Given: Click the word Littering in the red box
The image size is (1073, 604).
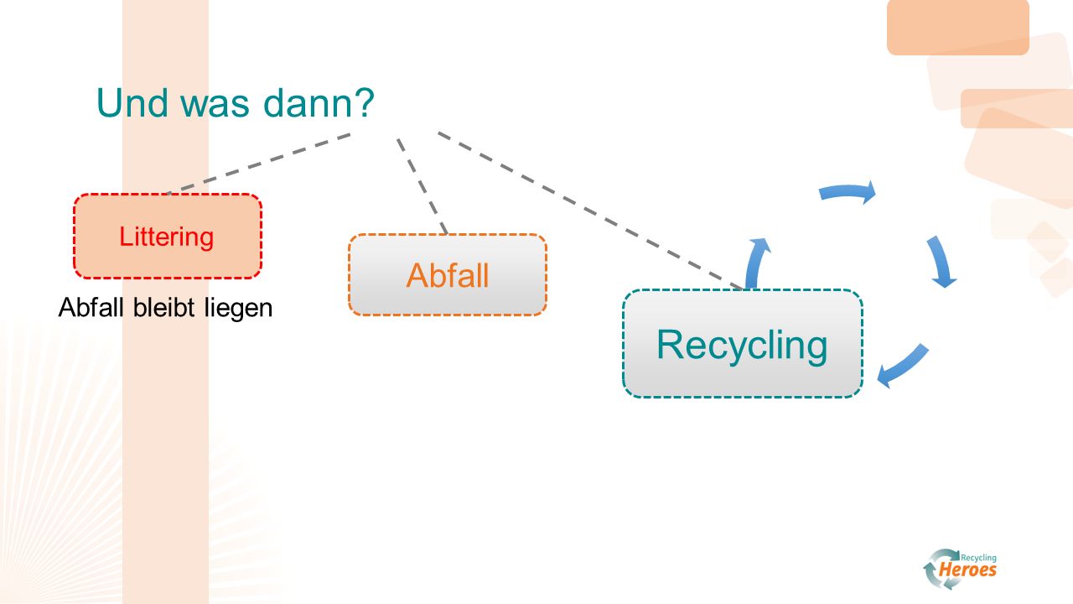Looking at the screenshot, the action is click(x=166, y=237).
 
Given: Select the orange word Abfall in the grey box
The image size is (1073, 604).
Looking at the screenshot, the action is click(x=448, y=276).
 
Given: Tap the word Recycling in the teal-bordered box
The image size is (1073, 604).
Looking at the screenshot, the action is click(x=742, y=346).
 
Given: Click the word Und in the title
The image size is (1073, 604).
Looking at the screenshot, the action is click(x=132, y=102).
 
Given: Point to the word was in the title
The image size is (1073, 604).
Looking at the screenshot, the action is click(x=215, y=106).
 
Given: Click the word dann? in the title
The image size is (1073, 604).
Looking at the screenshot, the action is click(x=319, y=102).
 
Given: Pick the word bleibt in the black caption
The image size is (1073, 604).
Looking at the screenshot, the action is click(x=163, y=307).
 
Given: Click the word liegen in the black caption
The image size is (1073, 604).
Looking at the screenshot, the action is click(x=238, y=310).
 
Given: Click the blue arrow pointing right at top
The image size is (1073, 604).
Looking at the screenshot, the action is click(x=847, y=190).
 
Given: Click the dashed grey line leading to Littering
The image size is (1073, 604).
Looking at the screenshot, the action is click(x=259, y=164).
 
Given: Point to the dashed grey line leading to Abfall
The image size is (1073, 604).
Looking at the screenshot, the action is click(x=422, y=186).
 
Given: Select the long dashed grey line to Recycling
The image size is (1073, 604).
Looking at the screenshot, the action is click(x=589, y=211).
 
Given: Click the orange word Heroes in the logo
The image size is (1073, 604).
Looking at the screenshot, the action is click(x=967, y=570).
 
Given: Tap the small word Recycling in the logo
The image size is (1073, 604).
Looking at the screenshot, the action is click(x=978, y=558).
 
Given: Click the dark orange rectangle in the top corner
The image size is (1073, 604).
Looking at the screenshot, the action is click(x=958, y=27).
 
